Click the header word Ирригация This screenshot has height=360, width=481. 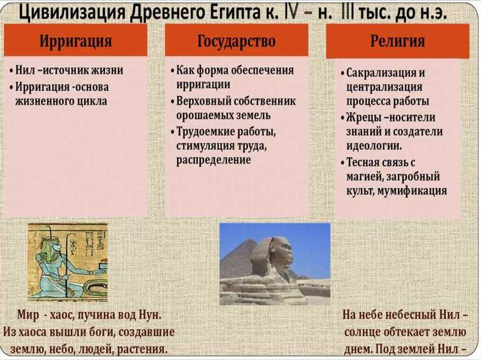(76, 41)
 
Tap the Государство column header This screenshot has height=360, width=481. (236, 41)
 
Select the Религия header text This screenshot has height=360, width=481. (398, 41)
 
